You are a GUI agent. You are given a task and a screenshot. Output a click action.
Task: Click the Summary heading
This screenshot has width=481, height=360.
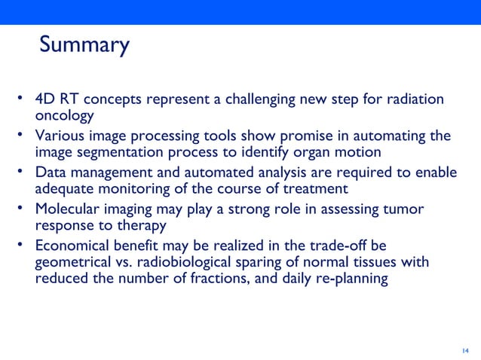(84, 46)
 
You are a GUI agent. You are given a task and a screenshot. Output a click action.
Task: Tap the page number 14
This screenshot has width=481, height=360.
(464, 350)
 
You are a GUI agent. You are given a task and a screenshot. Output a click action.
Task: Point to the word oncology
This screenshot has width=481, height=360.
(64, 117)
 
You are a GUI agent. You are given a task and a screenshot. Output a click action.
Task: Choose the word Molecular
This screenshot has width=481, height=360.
(67, 209)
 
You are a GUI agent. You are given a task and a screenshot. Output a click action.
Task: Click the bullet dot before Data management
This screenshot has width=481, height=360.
(23, 172)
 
